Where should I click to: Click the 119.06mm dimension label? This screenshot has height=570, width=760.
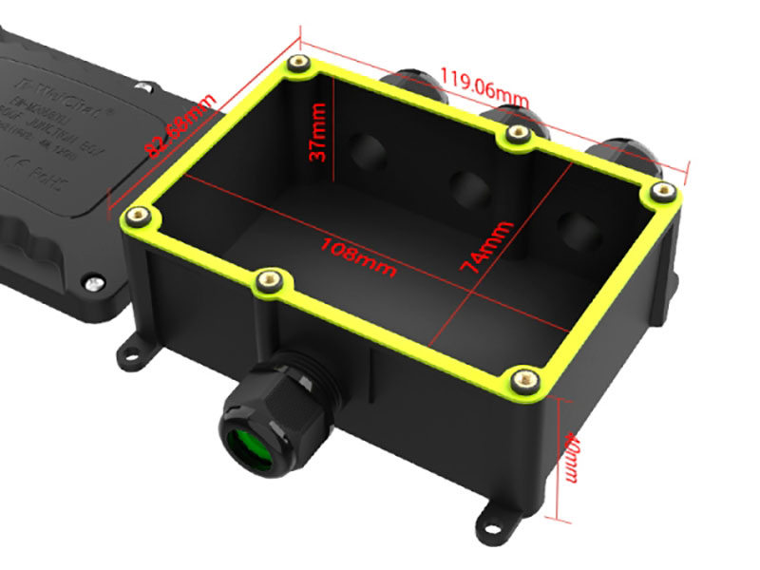point(484,85)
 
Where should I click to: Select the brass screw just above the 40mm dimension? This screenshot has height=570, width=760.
point(524,380)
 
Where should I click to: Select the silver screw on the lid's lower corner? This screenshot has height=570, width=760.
point(92,281)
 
